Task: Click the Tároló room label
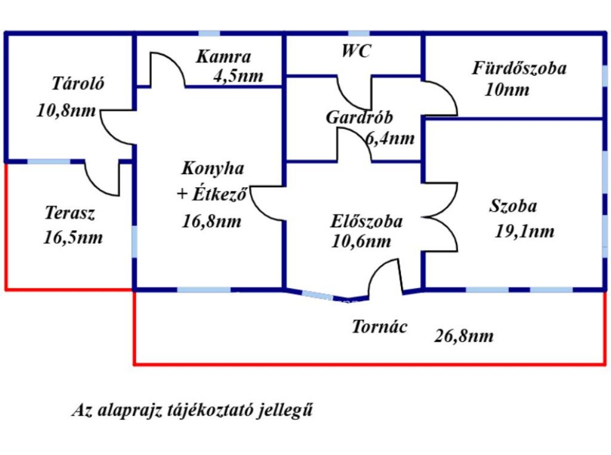(x=78, y=83)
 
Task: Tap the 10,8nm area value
(x=66, y=111)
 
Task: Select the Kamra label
(x=223, y=57)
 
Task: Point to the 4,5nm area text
(x=237, y=76)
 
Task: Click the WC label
(x=356, y=51)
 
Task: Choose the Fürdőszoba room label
(x=519, y=69)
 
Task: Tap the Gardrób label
(x=359, y=117)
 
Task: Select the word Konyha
(x=212, y=169)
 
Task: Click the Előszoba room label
(x=366, y=221)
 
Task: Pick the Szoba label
(x=513, y=206)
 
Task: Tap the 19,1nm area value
(x=524, y=231)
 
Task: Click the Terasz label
(x=70, y=213)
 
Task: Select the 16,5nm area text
(x=73, y=237)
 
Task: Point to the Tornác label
(x=379, y=327)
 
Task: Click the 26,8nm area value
(x=464, y=336)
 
